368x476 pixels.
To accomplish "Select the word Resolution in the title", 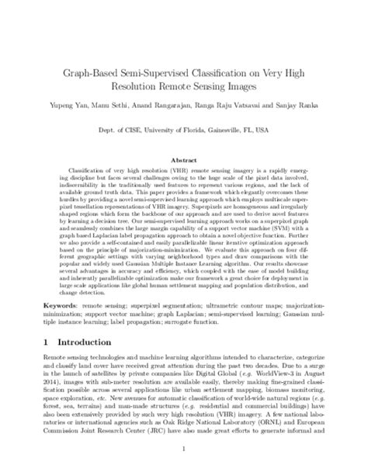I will pyautogui.click(x=142, y=83).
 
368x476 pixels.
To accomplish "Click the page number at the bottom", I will pyautogui.click(x=184, y=460).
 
